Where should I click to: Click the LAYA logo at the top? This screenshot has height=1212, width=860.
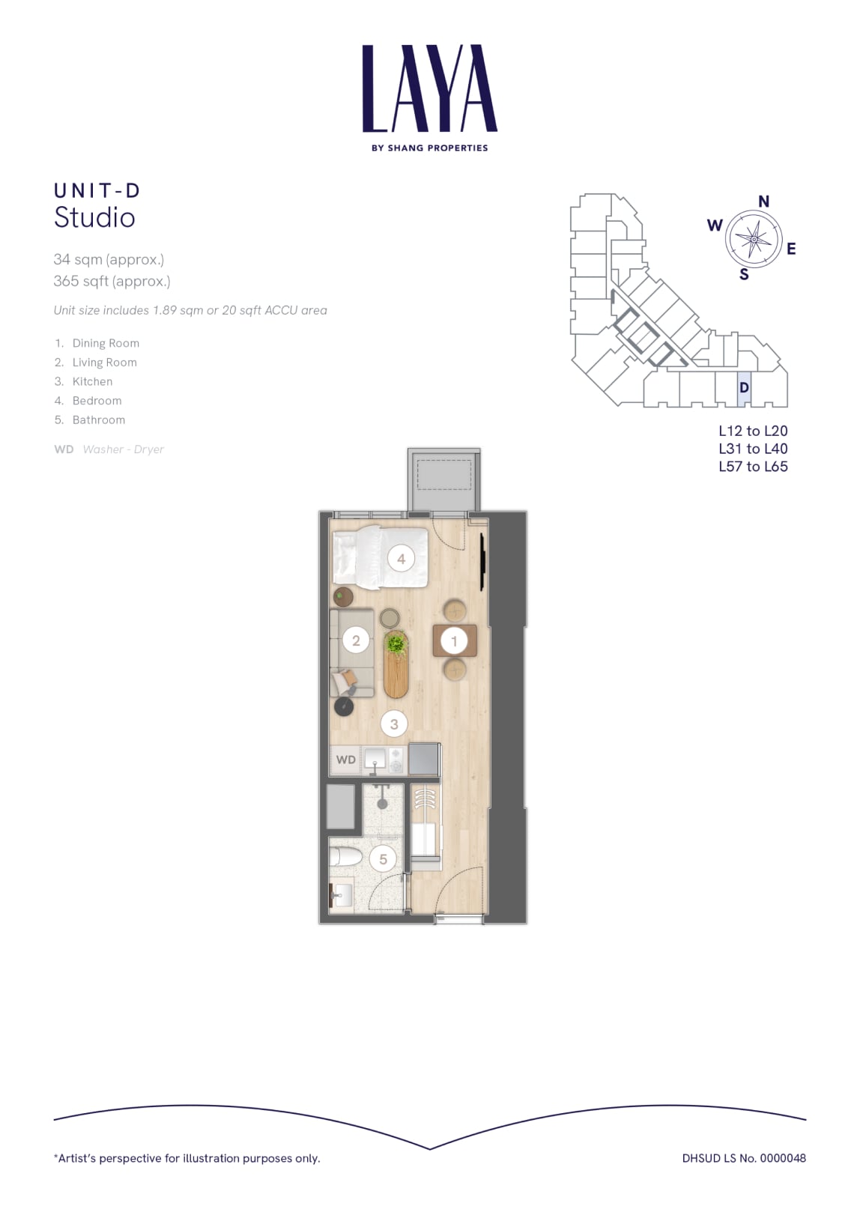coord(430,97)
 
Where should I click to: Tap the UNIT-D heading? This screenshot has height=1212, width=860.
coord(97,190)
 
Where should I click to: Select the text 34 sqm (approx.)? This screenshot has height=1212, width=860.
coord(109,260)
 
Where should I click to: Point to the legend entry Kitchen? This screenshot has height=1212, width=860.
coord(93,381)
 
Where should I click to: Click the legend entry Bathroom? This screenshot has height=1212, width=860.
coord(98,420)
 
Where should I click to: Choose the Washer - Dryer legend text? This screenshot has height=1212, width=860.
coord(124,449)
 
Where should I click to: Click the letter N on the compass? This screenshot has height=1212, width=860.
coord(763,202)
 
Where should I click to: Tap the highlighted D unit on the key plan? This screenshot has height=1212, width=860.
coord(744,388)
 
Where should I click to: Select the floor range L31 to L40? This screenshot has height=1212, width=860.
coord(753,449)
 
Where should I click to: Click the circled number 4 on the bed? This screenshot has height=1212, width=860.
coord(401,559)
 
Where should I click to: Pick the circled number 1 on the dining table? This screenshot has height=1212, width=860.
coord(454,641)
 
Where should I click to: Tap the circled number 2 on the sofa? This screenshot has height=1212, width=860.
coord(356,640)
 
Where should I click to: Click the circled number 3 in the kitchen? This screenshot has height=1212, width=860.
coord(394,724)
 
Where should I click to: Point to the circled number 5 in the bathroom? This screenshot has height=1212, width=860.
coord(384,858)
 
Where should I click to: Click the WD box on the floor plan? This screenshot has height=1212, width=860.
coord(346,760)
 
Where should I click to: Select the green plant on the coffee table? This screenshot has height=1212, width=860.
coord(396,644)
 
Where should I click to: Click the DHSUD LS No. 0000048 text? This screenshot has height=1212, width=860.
coord(744,1158)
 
